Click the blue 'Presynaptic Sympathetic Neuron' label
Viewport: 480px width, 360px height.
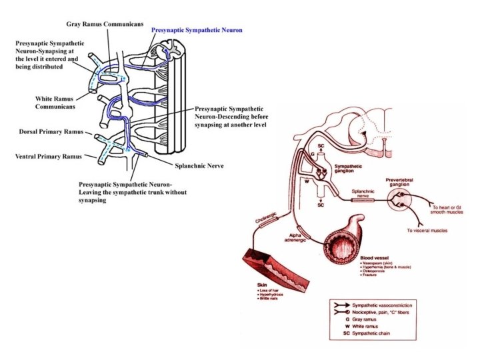point(197,31)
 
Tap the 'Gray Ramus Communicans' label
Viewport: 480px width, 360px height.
point(105,25)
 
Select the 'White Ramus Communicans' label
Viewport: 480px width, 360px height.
point(55,102)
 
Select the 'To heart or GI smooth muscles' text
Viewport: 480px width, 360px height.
point(447,211)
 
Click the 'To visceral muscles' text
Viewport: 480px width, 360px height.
point(427,231)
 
